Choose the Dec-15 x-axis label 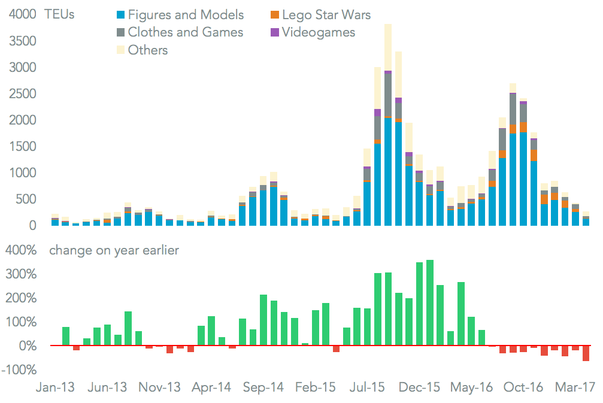click(x=423, y=388)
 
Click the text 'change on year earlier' click(x=114, y=250)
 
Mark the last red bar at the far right click(x=586, y=353)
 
